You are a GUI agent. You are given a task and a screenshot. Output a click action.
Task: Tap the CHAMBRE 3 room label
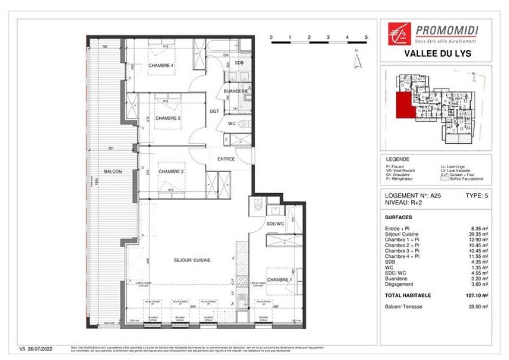168,118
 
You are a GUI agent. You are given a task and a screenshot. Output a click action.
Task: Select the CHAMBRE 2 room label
171,171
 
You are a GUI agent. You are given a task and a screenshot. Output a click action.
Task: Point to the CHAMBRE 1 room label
279,280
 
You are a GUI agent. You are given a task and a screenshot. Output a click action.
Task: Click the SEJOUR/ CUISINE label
192,260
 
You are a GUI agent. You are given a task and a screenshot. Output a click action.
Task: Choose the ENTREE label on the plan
226,159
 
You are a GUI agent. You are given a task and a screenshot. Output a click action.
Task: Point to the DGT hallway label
214,111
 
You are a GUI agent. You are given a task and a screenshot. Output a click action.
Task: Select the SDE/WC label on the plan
275,224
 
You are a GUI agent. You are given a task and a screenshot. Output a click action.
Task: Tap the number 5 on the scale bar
366,37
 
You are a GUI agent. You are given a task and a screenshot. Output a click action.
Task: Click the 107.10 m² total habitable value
475,295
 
